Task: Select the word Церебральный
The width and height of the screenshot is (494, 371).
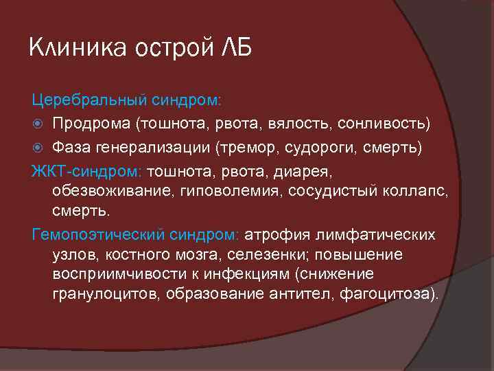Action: (x=84, y=100)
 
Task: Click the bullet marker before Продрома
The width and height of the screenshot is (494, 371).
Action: (x=39, y=124)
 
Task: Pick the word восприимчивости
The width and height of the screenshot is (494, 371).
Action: (x=112, y=275)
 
